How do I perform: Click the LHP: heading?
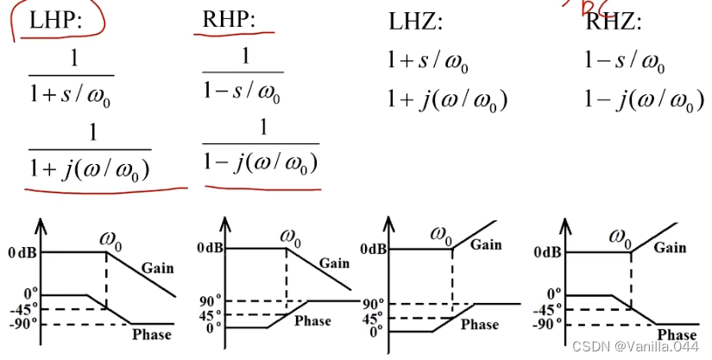[55, 21]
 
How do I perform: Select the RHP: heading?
[229, 20]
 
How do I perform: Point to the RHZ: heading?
[614, 22]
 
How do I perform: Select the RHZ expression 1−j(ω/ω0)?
[637, 102]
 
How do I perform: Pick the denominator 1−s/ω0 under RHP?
[245, 92]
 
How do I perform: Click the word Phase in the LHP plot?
[152, 333]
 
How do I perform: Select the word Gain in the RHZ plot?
[670, 247]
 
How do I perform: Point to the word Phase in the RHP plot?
[312, 320]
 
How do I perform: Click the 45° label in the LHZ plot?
[374, 317]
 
